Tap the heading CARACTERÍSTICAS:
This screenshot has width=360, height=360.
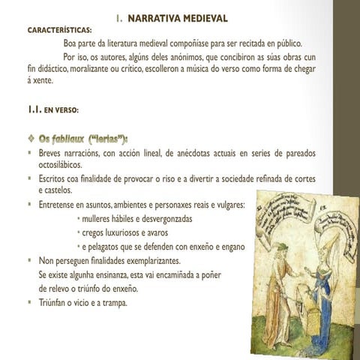tap(61, 31)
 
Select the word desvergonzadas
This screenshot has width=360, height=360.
tap(161, 218)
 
